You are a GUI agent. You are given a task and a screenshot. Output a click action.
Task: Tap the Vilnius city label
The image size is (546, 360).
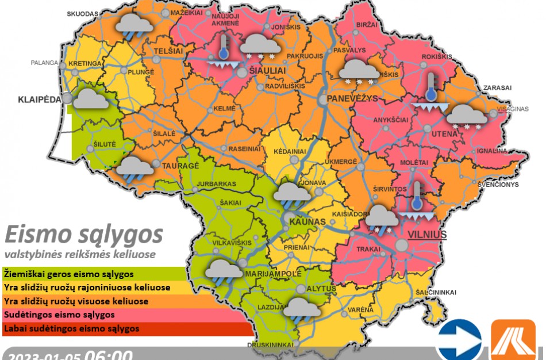point(426,235)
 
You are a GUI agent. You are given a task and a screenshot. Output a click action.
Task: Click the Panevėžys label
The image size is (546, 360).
point(352,99)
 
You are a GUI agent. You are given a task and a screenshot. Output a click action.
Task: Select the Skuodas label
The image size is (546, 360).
point(83,13)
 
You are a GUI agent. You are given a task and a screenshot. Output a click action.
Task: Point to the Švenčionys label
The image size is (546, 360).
point(498,185)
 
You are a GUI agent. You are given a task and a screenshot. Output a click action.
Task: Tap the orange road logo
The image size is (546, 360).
point(513,340)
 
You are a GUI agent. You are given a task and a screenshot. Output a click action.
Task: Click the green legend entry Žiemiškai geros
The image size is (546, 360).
point(69,274)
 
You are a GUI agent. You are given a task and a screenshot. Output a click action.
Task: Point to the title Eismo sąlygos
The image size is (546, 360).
point(83,235)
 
